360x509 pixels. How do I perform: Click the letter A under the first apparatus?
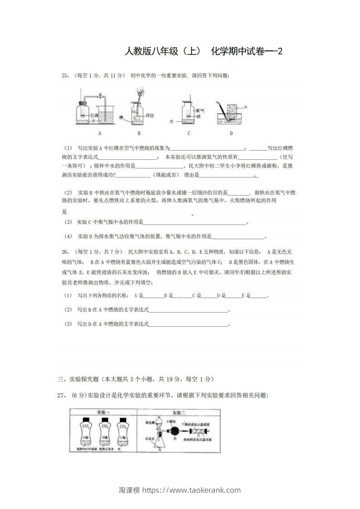99,133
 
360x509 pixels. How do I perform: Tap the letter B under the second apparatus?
139,133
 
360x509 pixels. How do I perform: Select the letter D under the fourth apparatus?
231,133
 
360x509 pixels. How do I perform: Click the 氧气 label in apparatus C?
198,111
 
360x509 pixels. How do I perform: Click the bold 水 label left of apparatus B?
121,117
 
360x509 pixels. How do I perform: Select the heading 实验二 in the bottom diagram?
178,412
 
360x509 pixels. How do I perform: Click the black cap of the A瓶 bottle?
85,420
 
